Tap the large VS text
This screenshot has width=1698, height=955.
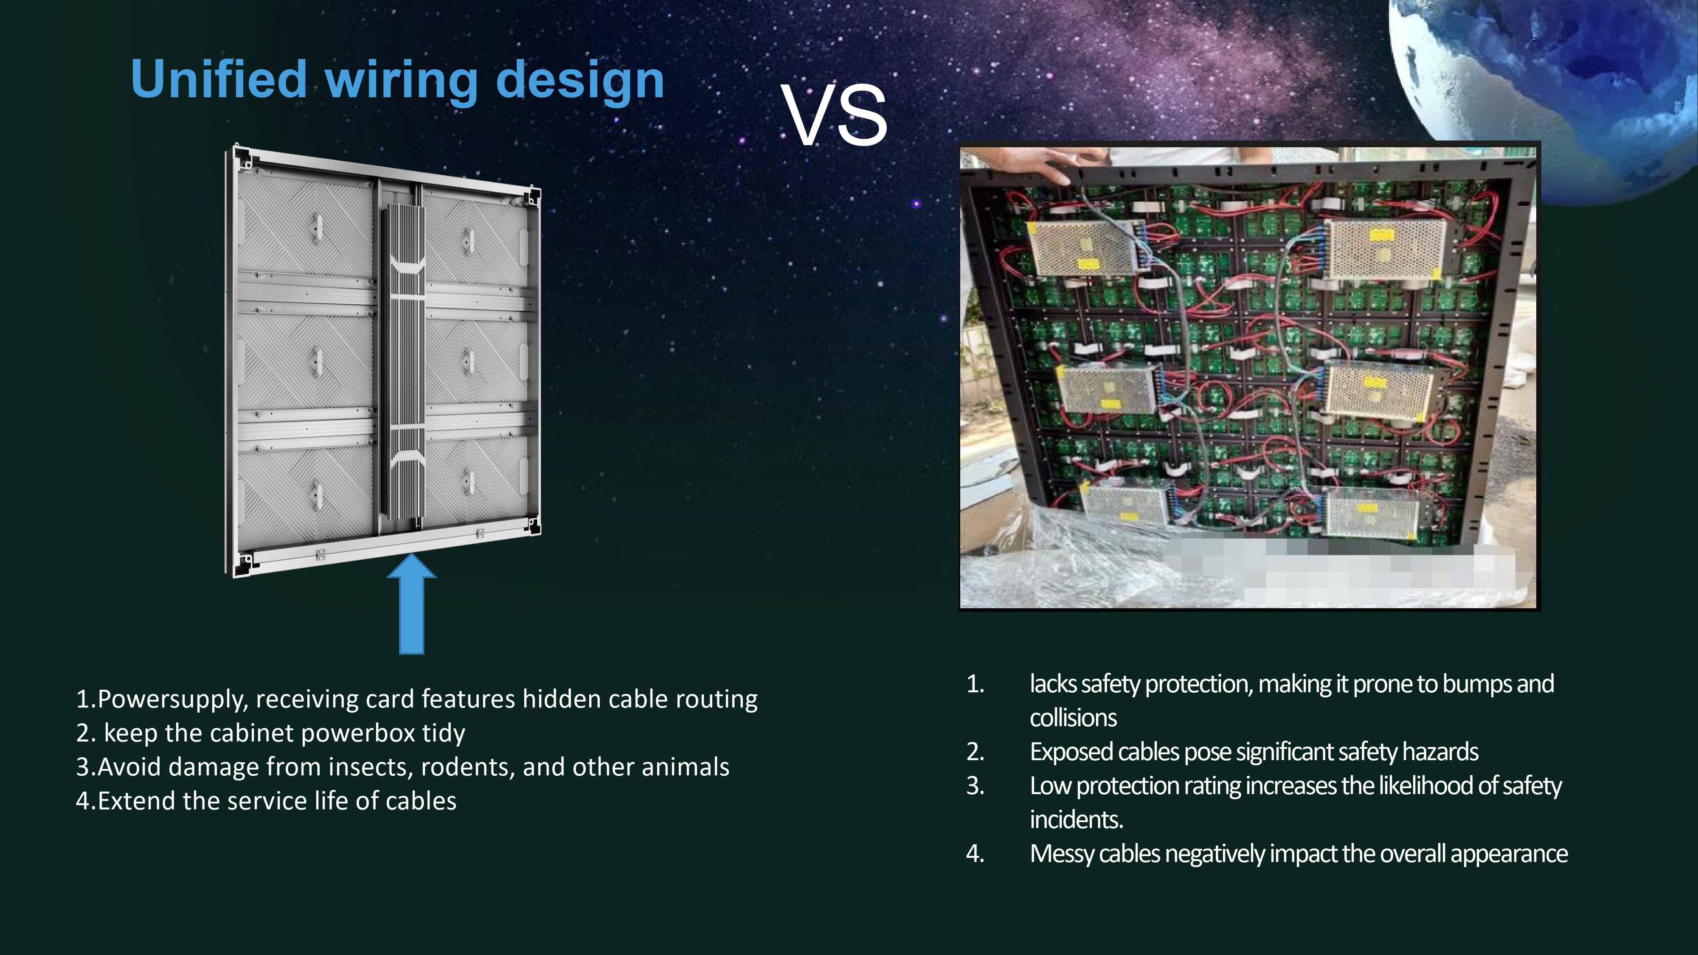click(835, 115)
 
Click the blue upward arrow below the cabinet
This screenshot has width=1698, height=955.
click(411, 604)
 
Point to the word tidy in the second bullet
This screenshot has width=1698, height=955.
click(443, 733)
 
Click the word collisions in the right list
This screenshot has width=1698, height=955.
click(1073, 718)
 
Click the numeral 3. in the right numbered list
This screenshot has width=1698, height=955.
click(976, 786)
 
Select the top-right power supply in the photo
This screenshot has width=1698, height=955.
click(1385, 250)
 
